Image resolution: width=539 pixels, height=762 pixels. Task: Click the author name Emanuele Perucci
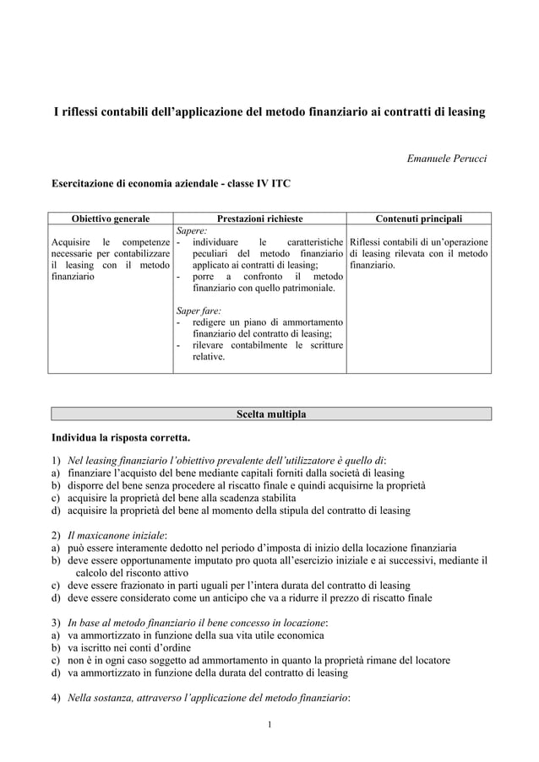point(447,158)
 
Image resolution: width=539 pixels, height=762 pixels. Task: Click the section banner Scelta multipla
point(270,413)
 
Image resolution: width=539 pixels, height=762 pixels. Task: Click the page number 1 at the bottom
point(269,724)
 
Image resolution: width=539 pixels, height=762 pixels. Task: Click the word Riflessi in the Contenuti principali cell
point(370,241)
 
